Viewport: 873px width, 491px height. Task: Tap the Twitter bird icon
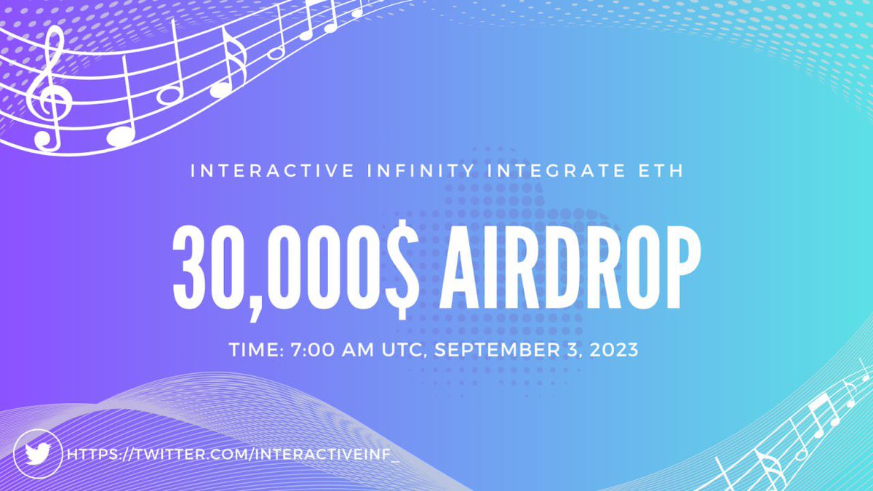pos(37,454)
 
